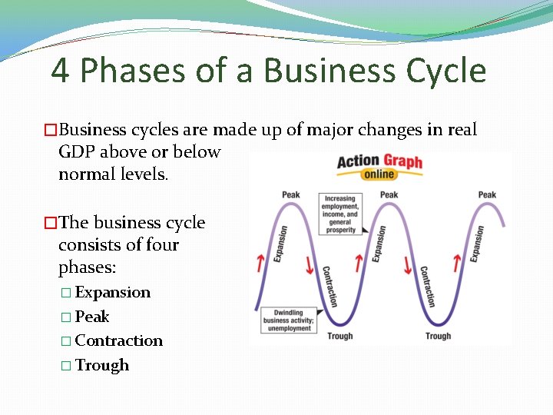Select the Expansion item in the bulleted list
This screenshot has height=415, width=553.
[113, 293]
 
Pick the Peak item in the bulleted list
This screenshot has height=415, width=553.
[92, 317]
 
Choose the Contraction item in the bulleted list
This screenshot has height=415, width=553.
[119, 340]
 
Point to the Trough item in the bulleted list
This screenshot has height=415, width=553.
[102, 365]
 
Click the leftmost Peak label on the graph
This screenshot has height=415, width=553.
[291, 194]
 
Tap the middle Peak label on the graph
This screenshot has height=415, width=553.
[389, 194]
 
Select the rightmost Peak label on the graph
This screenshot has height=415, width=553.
[487, 194]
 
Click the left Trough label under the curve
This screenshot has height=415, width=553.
[340, 336]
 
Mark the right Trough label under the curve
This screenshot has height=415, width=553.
[438, 336]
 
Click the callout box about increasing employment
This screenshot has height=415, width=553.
[340, 214]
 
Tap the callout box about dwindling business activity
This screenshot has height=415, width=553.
[288, 320]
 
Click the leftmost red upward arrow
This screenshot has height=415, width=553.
[260, 263]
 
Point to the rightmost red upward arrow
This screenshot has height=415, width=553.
[457, 263]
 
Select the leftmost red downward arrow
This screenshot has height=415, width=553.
[310, 266]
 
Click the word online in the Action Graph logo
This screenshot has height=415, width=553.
[379, 174]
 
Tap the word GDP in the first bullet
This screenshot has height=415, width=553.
[75, 152]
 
